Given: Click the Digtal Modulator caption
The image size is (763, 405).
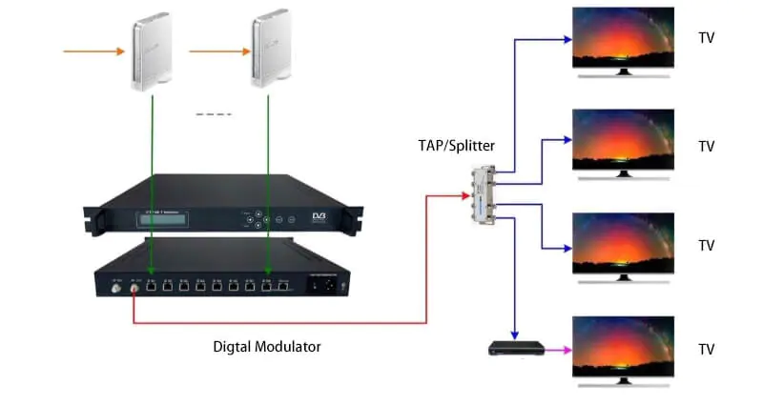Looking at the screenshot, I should click(x=266, y=347).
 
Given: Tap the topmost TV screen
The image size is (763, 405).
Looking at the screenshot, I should click(x=622, y=36).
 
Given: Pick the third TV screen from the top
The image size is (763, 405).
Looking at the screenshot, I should click(x=622, y=242).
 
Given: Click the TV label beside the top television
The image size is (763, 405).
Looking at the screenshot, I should click(x=706, y=38).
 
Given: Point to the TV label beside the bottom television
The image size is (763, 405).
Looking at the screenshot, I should click(x=706, y=349).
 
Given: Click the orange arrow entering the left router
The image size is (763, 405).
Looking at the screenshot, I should click(x=94, y=50).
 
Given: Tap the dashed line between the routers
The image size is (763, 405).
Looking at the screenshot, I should click(x=214, y=114).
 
